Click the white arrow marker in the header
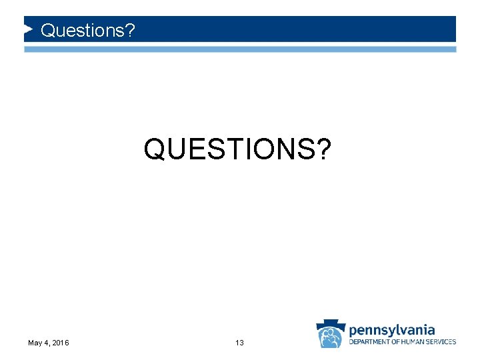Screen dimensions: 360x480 pyautogui.click(x=29, y=29)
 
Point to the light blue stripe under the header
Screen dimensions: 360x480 pyautogui.click(x=240, y=49)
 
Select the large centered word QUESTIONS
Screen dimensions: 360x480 pyautogui.click(x=230, y=149)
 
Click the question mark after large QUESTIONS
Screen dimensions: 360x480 pyautogui.click(x=323, y=149)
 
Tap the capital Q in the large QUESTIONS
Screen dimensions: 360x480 pyautogui.click(x=155, y=149)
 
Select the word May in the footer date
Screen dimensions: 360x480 pyautogui.click(x=35, y=343)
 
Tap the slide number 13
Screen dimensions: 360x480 pyautogui.click(x=239, y=343)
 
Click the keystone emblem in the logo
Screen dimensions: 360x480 pyautogui.click(x=331, y=333)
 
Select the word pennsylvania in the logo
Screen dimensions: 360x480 pyautogui.click(x=392, y=330)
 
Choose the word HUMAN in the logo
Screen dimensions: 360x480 pyautogui.click(x=418, y=342)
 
